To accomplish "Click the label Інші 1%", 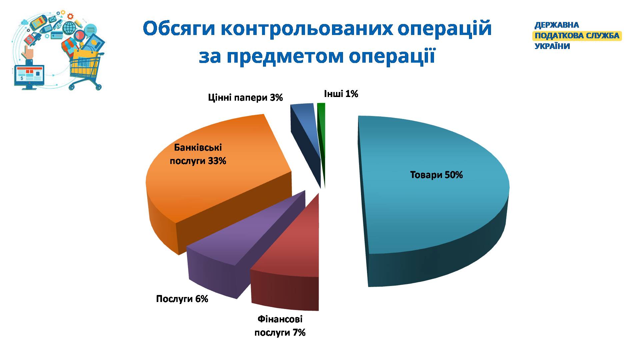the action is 341,94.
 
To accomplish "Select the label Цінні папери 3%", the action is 245,98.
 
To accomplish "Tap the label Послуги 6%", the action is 182,299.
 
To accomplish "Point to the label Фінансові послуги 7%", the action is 280,326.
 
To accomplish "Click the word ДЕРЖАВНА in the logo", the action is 557,25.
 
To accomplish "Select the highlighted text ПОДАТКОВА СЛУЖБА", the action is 577,36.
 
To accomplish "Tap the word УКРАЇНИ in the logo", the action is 552,46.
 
